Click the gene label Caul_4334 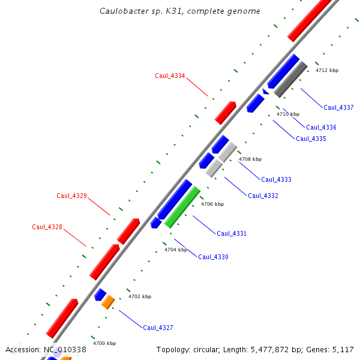tap(170, 76)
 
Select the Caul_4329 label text tap(72, 196)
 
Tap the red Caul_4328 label tap(47, 227)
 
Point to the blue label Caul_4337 tap(338, 107)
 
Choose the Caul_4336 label tap(321, 127)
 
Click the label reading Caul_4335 tap(311, 139)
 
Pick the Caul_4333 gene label tap(276, 179)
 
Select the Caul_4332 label tap(263, 196)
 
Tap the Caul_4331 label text tap(232, 233)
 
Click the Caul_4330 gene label tap(213, 257)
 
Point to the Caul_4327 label tap(158, 328)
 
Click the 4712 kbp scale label tap(327, 70)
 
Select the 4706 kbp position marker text tap(212, 204)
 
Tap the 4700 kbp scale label tap(104, 343)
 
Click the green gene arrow tap(182, 206)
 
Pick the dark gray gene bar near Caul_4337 tap(291, 79)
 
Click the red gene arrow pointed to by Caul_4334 tap(226, 112)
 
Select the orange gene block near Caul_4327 tap(108, 301)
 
